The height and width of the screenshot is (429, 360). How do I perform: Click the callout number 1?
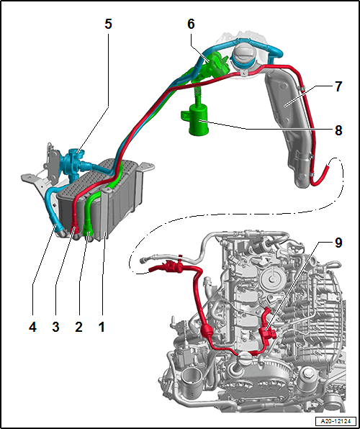click(x=102, y=327)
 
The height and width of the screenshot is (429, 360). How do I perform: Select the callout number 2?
click(x=78, y=327)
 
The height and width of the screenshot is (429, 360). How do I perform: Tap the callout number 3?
click(x=55, y=327)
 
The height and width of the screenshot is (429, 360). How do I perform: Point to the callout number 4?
click(x=32, y=327)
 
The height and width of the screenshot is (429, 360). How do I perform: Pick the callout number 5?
click(x=108, y=24)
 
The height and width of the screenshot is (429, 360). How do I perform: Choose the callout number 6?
click(x=191, y=24)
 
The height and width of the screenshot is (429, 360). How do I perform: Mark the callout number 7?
click(x=338, y=86)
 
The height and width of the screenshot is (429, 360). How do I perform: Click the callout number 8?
click(x=338, y=130)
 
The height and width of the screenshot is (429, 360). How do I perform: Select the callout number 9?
click(x=338, y=243)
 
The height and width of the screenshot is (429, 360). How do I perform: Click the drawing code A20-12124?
click(x=336, y=420)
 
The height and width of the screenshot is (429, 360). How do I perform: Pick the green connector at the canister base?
click(x=88, y=233)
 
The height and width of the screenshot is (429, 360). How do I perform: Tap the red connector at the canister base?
click(x=75, y=227)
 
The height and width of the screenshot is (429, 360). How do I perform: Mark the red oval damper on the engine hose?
click(x=207, y=331)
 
